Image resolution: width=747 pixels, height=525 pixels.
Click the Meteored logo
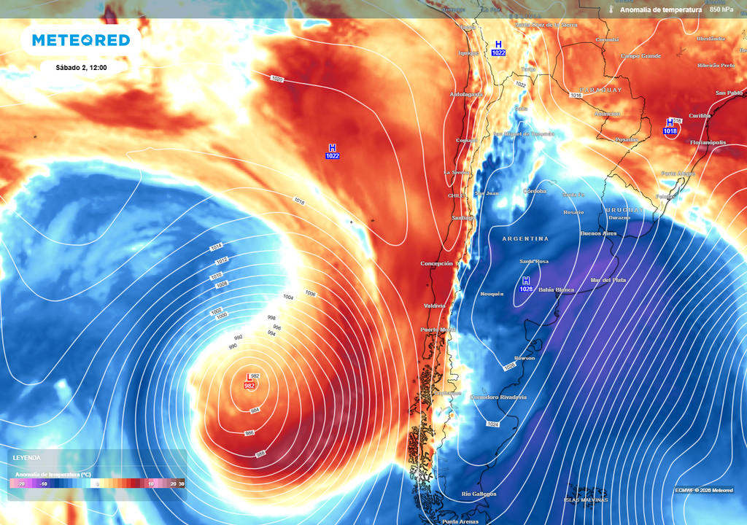point(80,40)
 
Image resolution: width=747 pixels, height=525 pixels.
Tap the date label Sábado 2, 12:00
point(82,67)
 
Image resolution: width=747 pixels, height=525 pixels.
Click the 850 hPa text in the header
point(721,9)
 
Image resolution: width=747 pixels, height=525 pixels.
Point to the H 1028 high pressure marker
point(526,285)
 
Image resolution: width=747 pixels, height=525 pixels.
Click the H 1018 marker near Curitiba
point(670,127)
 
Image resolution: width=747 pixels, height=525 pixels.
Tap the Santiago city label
point(462,218)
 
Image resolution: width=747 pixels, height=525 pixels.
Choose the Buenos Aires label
point(598,233)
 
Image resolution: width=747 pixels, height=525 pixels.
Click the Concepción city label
point(436,263)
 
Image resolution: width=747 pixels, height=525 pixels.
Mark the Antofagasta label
point(466,95)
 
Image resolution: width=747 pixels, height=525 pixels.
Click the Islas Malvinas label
point(586,499)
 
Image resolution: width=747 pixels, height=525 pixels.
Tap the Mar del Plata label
point(608,280)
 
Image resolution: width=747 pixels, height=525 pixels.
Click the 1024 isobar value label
point(492,424)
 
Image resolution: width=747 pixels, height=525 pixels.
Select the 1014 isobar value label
point(216,248)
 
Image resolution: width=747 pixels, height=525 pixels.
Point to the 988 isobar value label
point(260,454)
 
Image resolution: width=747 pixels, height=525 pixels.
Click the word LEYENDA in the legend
point(27,458)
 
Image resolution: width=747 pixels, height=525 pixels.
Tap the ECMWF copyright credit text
point(703,489)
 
